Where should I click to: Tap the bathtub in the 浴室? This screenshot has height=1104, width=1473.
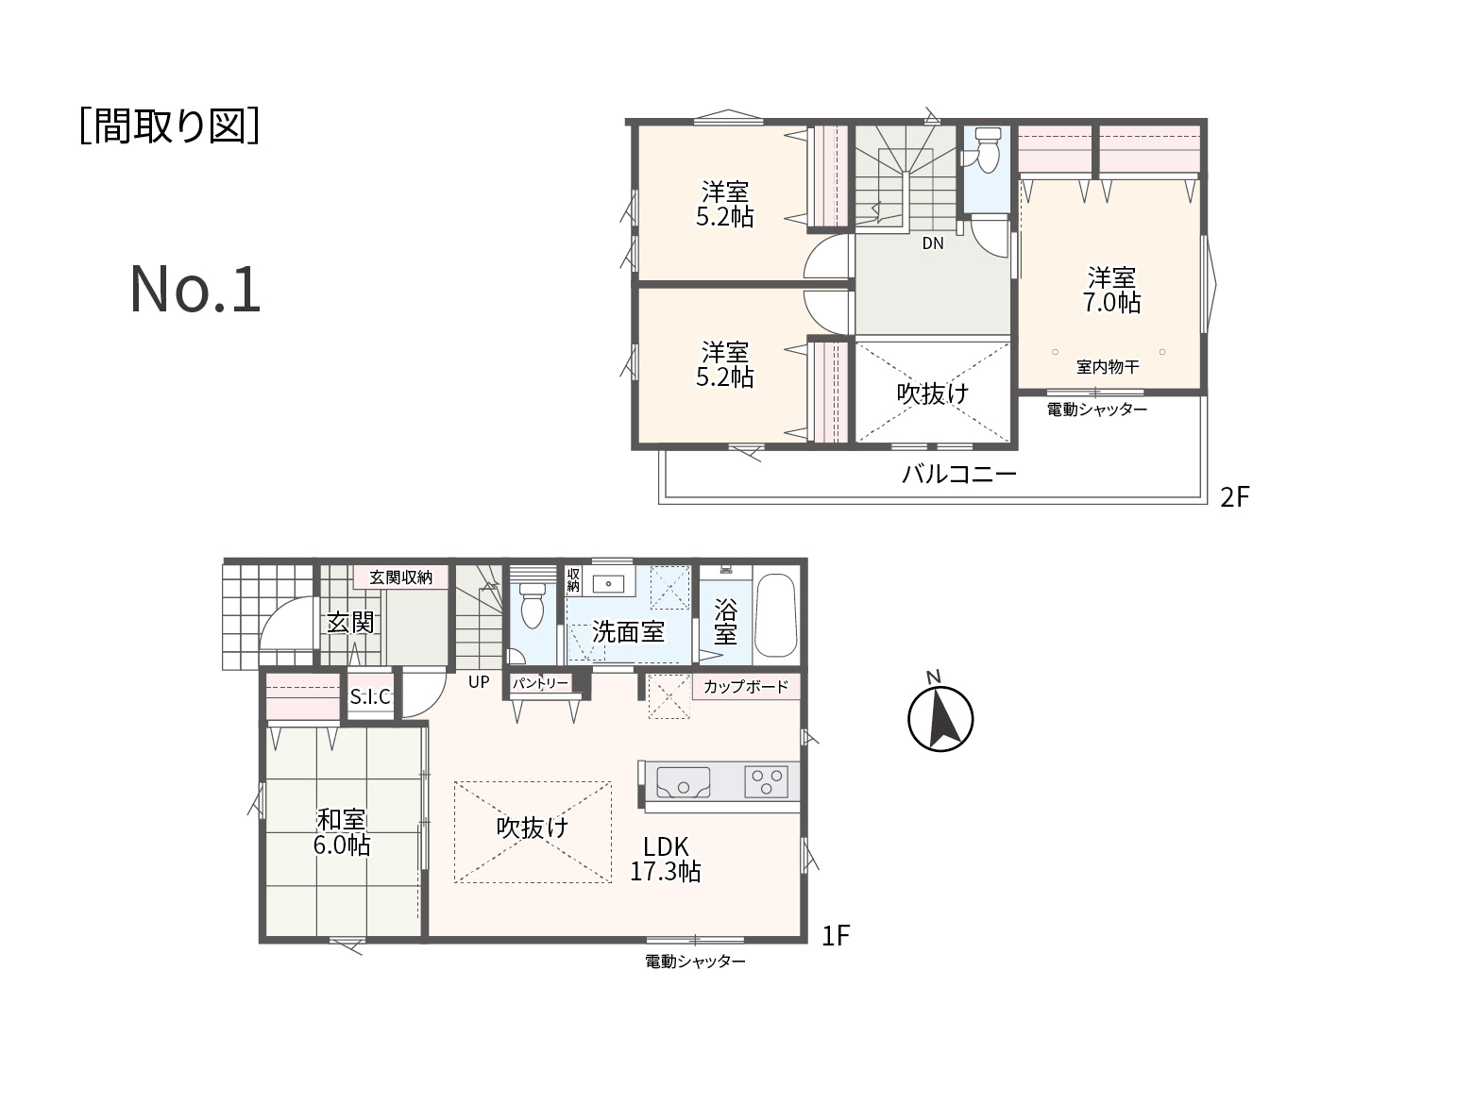click(775, 615)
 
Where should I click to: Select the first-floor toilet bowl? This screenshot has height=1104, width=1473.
click(533, 605)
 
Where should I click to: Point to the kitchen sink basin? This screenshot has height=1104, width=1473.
click(683, 782)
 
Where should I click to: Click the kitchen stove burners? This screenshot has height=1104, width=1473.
click(767, 781)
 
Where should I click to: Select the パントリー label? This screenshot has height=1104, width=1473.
click(540, 683)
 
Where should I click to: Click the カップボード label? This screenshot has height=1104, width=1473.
click(746, 686)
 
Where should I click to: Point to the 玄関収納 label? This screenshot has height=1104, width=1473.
click(400, 577)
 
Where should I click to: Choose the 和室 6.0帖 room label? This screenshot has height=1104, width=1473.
click(342, 832)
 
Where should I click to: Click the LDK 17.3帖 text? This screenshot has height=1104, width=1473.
click(665, 859)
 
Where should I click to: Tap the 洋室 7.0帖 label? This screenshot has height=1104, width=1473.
click(1111, 290)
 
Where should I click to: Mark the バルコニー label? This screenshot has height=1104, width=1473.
click(959, 475)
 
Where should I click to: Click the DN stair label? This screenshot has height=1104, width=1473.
click(933, 243)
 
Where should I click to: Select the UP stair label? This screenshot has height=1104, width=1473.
click(479, 681)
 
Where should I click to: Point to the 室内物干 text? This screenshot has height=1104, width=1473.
click(1108, 367)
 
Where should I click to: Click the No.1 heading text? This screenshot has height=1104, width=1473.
click(195, 290)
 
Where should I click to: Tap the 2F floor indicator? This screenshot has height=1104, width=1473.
click(1234, 497)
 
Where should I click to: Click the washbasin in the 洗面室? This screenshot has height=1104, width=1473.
click(608, 582)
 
